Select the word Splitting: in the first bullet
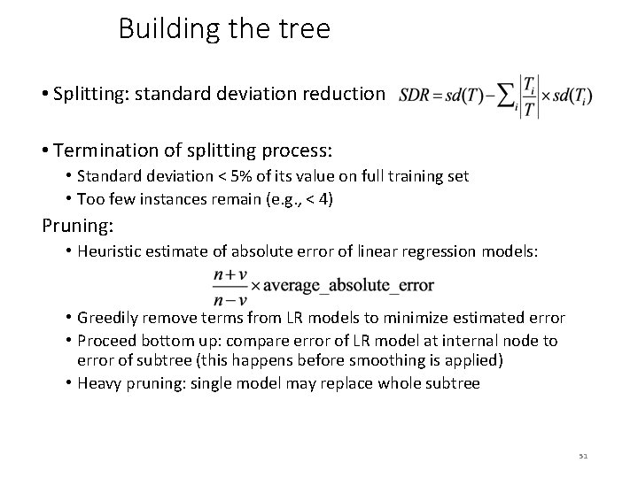pyautogui.click(x=89, y=94)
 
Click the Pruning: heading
pyautogui.click(x=78, y=226)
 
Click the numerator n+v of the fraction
pyautogui.click(x=230, y=275)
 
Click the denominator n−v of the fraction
pyautogui.click(x=230, y=298)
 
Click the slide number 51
pyautogui.click(x=583, y=456)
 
